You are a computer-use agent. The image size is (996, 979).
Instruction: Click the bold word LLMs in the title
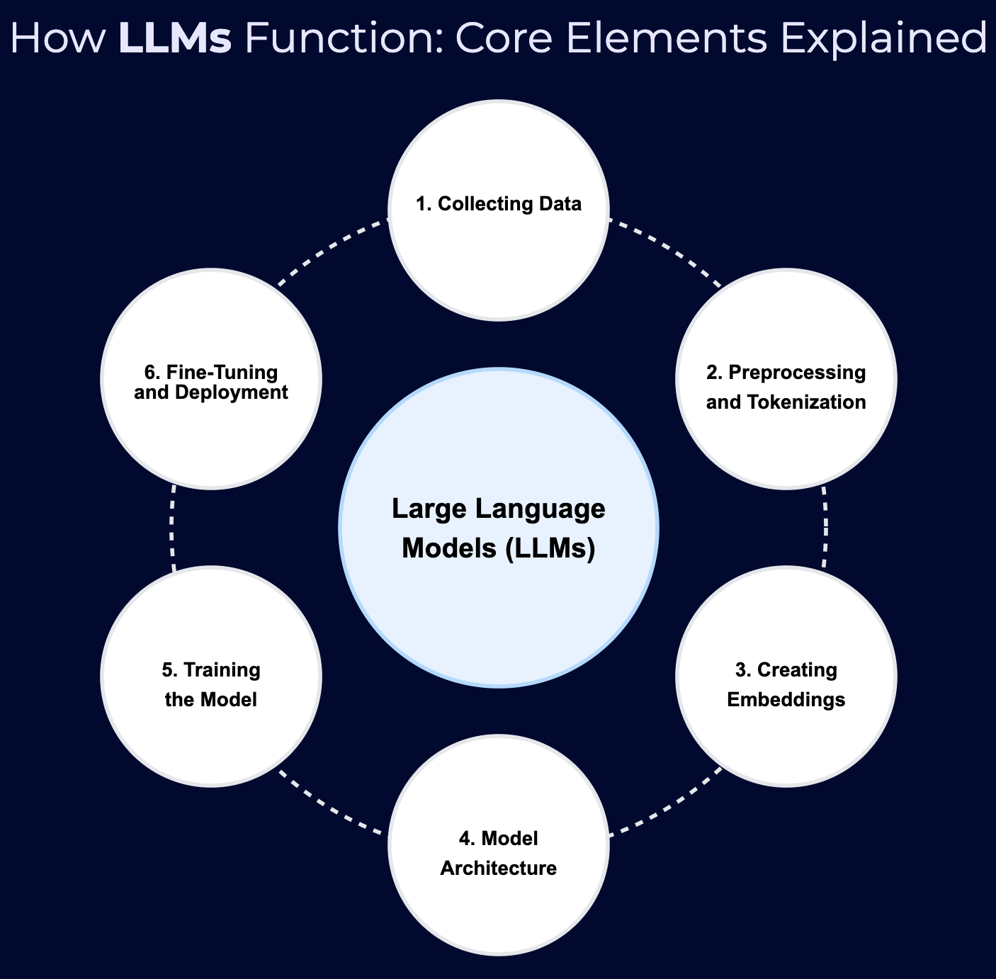pos(175,38)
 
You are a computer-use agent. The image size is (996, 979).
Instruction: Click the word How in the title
pos(57,38)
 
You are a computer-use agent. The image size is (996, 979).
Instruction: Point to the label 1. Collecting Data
pos(498,204)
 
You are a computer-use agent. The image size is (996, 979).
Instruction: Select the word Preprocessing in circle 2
pos(797,373)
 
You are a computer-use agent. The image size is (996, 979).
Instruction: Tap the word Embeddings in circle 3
pos(786,700)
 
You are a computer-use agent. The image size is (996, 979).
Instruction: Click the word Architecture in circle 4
pos(498,868)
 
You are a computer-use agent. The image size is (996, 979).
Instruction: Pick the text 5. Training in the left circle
pos(211,670)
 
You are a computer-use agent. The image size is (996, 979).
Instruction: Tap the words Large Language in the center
pos(498,509)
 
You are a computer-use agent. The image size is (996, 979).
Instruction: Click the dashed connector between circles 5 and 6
pos(171,527)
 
